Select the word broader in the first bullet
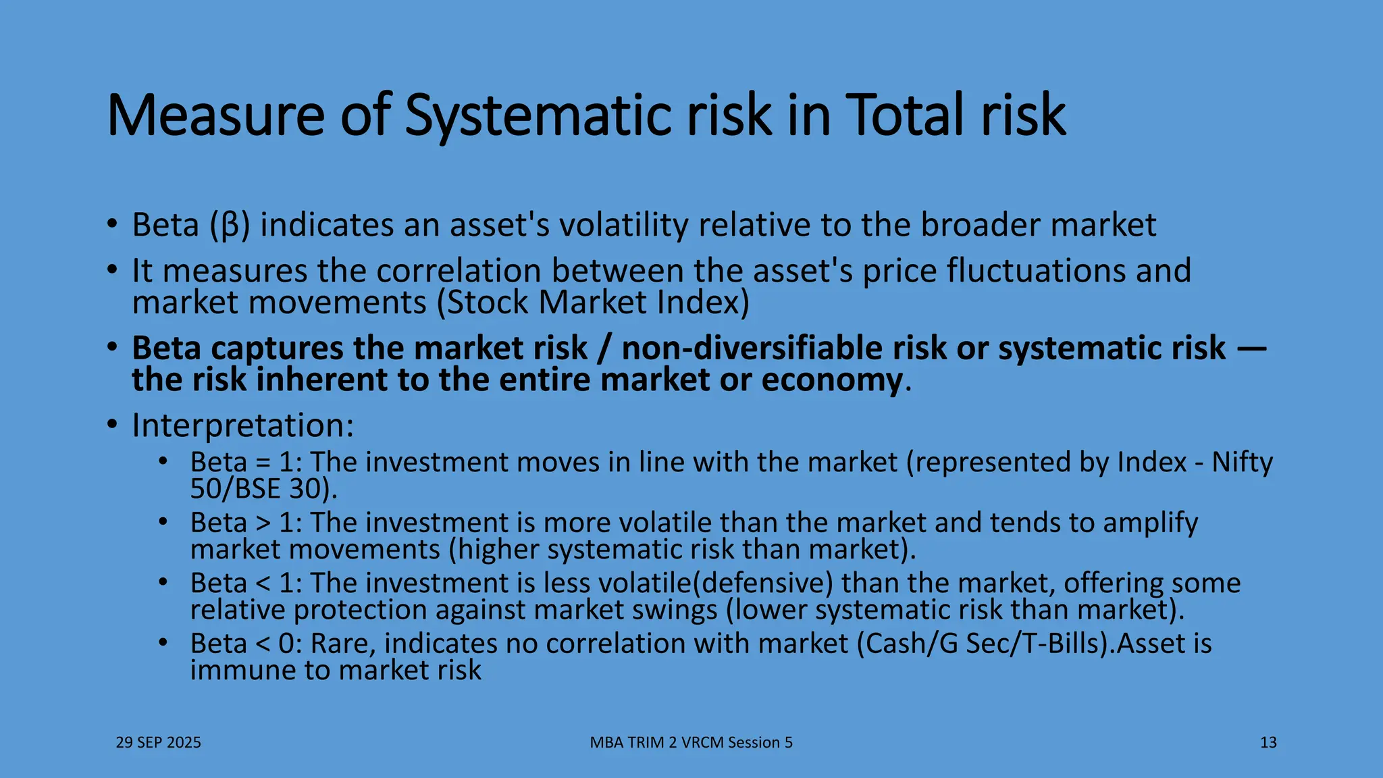pyautogui.click(x=979, y=224)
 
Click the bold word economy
pyautogui.click(x=832, y=380)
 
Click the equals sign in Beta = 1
pyautogui.click(x=263, y=463)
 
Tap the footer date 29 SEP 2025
pyautogui.click(x=159, y=743)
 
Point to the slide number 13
pyautogui.click(x=1268, y=743)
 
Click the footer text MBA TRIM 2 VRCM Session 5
pyautogui.click(x=691, y=743)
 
